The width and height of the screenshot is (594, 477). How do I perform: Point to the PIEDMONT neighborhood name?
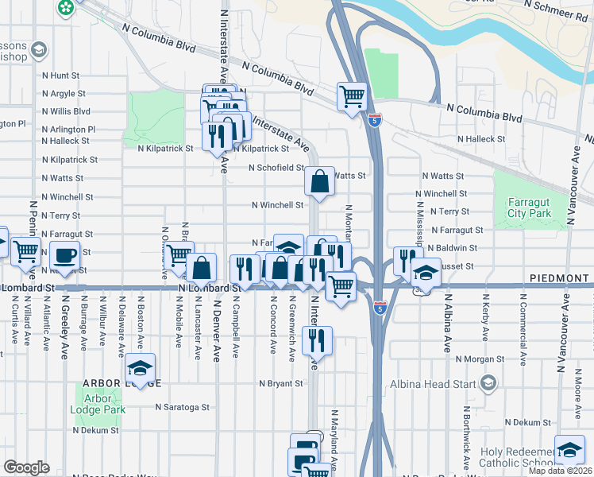click(x=557, y=280)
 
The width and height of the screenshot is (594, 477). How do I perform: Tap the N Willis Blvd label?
click(x=66, y=111)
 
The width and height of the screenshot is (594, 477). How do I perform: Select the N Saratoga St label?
click(x=182, y=406)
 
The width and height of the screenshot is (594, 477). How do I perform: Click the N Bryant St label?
click(x=281, y=383)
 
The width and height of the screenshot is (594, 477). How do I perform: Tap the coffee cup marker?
click(x=64, y=256)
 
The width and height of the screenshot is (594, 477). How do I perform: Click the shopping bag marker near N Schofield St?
click(x=319, y=181)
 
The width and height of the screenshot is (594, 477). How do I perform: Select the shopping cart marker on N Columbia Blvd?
click(x=352, y=97)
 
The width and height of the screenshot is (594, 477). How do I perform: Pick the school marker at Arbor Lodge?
click(x=140, y=368)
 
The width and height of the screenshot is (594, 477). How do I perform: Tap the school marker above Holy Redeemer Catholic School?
click(x=569, y=450)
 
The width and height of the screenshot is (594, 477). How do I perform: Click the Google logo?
click(x=26, y=467)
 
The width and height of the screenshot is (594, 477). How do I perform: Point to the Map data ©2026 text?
click(x=561, y=471)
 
